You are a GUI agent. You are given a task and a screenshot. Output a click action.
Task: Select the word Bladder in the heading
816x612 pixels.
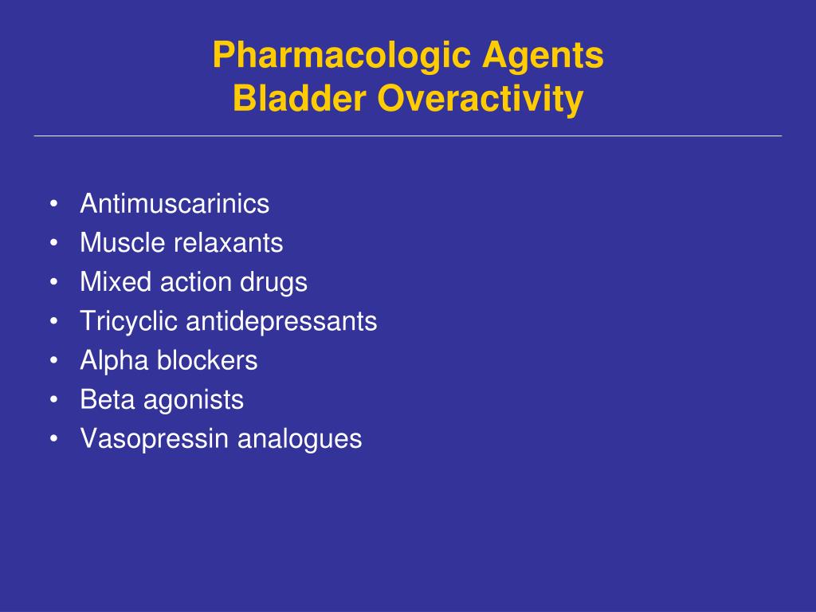(x=300, y=98)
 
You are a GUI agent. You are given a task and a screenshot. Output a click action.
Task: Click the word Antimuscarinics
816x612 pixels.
(x=175, y=203)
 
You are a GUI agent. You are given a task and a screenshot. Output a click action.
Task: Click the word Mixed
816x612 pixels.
(x=116, y=281)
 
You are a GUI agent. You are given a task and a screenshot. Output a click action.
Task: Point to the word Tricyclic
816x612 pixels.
(x=129, y=321)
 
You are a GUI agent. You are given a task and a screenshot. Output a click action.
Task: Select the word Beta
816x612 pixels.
(x=108, y=400)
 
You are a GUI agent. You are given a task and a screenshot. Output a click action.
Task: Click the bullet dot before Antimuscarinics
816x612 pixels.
(x=53, y=203)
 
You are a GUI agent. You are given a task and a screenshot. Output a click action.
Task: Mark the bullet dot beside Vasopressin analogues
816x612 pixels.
(x=53, y=439)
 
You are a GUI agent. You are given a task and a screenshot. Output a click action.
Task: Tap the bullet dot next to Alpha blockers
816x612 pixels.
(x=53, y=360)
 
